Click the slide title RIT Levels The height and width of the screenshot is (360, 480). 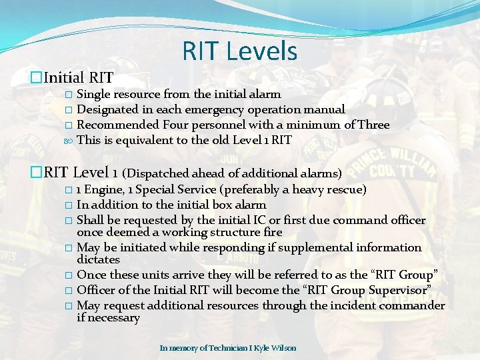click(x=239, y=51)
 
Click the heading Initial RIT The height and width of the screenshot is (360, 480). click(x=79, y=78)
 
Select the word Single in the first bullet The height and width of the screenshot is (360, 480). click(x=94, y=95)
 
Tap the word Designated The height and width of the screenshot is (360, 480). click(x=107, y=109)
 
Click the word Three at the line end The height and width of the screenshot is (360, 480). click(x=373, y=125)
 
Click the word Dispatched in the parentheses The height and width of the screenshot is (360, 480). click(x=159, y=174)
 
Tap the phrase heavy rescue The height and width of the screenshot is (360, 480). click(x=339, y=190)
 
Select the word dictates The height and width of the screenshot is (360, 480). click(x=98, y=259)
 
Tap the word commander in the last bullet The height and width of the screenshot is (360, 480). click(x=413, y=305)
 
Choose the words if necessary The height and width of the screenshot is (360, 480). click(x=108, y=317)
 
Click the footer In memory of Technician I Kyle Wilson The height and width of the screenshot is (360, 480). click(x=227, y=348)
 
